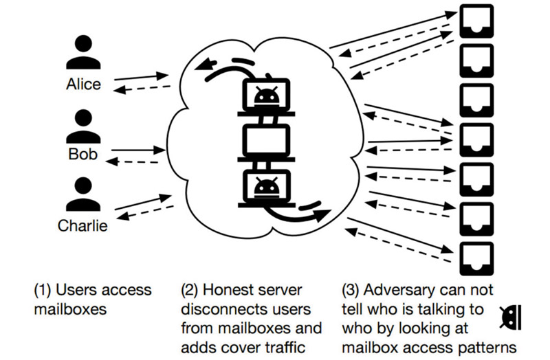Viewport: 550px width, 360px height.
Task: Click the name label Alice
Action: (x=83, y=84)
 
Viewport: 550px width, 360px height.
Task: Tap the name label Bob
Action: (x=82, y=154)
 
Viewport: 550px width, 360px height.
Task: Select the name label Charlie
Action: (x=82, y=225)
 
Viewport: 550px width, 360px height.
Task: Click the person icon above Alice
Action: (x=83, y=52)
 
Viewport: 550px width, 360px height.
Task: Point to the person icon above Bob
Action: (x=83, y=126)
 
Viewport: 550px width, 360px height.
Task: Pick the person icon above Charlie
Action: (x=83, y=194)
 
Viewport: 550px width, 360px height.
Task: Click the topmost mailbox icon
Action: (x=476, y=21)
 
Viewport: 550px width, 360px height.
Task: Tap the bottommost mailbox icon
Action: (x=476, y=259)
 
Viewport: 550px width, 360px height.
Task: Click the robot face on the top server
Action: (x=267, y=95)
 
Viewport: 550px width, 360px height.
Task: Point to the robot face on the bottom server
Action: (x=267, y=187)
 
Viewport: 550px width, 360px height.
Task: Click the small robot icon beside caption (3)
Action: (x=511, y=317)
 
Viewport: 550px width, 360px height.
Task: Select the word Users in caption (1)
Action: (x=76, y=290)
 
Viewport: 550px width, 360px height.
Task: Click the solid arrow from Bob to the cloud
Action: (x=138, y=150)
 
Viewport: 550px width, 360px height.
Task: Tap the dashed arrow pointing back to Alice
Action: (x=142, y=89)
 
